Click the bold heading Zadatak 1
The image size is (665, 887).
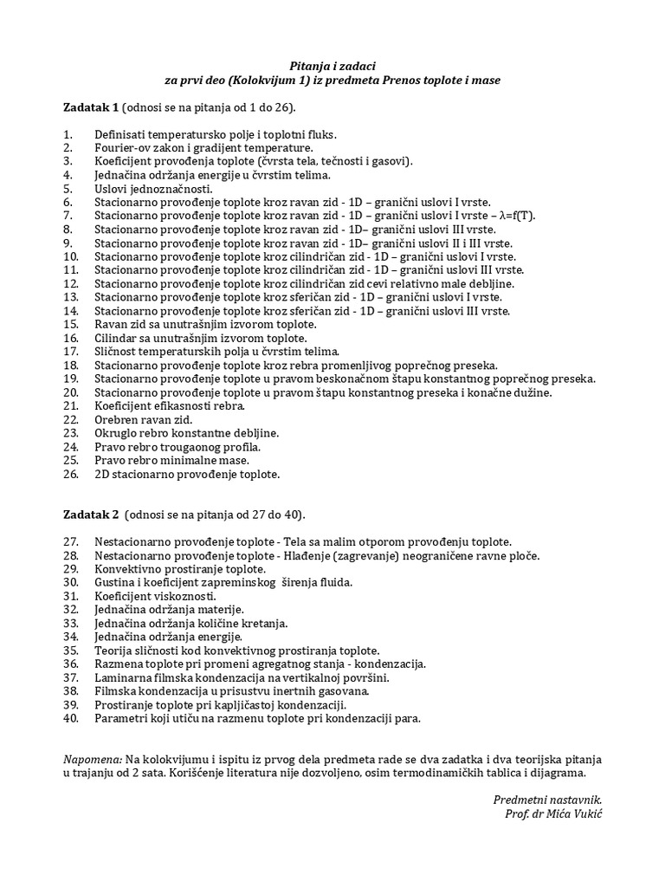[x=91, y=107]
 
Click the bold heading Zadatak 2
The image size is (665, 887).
[x=91, y=514]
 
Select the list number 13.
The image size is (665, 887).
[x=71, y=297]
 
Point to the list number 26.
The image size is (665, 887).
[x=71, y=474]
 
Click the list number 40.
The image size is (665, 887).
[x=71, y=718]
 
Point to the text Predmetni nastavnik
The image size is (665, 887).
[x=547, y=800]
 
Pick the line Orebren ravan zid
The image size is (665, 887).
[x=143, y=419]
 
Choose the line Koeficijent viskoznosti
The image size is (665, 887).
[x=155, y=596]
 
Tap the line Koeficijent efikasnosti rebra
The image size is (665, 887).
[x=170, y=405]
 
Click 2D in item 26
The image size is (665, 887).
[x=102, y=474]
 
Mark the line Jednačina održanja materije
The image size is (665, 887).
[x=169, y=610]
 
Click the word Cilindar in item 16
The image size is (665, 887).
[x=116, y=338]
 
